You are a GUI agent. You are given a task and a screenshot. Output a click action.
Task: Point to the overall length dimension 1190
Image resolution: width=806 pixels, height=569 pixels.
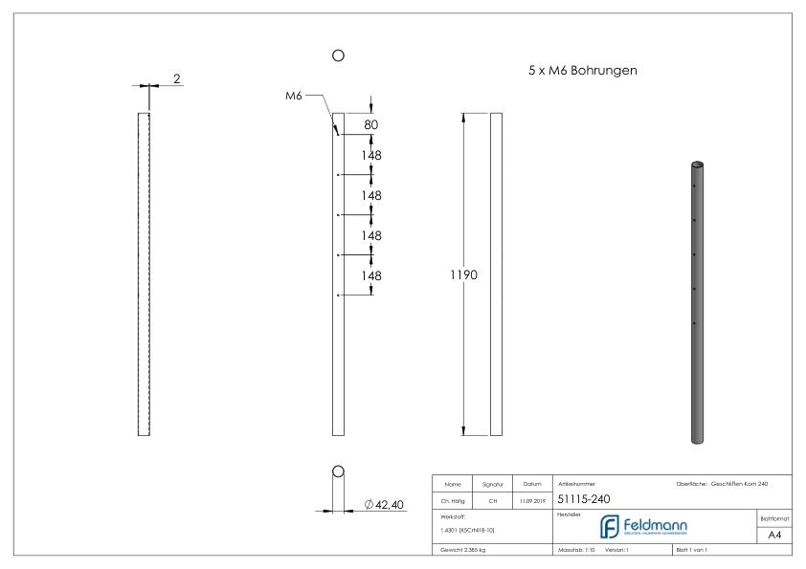click(x=464, y=275)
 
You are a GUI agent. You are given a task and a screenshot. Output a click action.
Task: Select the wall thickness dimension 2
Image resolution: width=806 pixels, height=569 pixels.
click(x=177, y=78)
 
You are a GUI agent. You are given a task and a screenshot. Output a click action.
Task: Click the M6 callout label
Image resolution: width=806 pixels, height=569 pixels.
click(x=293, y=95)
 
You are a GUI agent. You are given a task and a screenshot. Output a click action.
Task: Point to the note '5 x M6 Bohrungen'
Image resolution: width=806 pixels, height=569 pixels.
click(x=583, y=71)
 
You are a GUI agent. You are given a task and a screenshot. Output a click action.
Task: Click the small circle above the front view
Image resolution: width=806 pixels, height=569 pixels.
click(x=337, y=56)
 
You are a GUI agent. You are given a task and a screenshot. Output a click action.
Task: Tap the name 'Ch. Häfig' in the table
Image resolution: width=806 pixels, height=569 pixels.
click(x=452, y=499)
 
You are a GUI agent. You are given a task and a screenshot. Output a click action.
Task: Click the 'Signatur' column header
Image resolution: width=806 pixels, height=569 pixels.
click(x=491, y=484)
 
